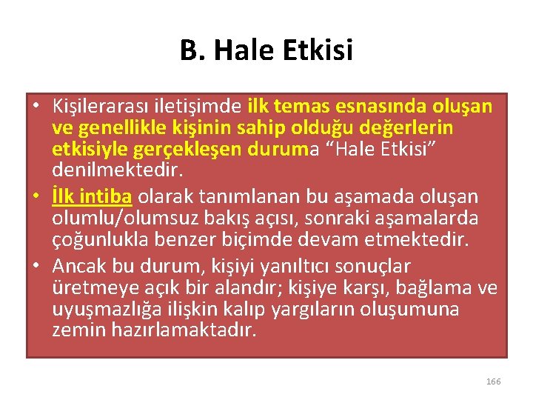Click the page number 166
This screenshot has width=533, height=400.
coord(493,381)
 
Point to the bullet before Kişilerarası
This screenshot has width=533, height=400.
coord(36,107)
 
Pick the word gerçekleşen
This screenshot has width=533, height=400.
coord(175,150)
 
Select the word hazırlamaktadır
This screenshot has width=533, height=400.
coord(184,330)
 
